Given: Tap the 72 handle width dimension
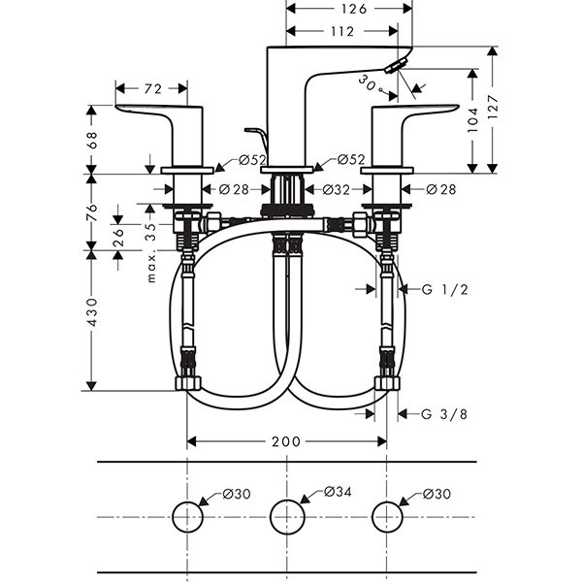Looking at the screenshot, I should (152, 89).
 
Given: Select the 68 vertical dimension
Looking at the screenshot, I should (92, 139).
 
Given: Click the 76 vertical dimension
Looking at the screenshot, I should (92, 211).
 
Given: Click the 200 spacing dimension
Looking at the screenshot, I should (285, 441).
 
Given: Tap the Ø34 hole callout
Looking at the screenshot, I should (335, 494).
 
